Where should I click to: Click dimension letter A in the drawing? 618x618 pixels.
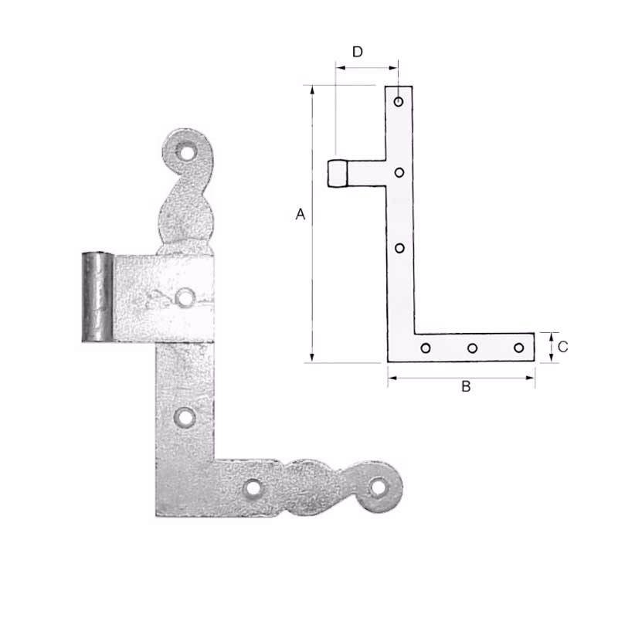click(301, 214)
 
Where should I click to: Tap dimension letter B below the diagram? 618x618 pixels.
click(466, 386)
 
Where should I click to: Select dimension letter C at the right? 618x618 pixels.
click(562, 347)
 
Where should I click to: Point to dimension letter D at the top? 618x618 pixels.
click(358, 52)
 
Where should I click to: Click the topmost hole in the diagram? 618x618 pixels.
click(399, 101)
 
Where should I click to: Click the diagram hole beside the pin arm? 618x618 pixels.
click(399, 172)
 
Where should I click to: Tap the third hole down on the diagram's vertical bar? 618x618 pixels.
click(399, 248)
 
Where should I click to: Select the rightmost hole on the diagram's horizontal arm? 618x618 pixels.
click(519, 348)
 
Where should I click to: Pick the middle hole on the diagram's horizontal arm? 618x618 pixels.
click(472, 348)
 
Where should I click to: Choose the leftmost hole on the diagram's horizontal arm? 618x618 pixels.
click(426, 348)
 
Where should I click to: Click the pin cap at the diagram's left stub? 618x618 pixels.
click(336, 173)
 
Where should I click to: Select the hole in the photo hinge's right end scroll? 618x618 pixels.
click(377, 487)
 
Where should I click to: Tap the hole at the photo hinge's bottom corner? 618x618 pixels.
click(252, 488)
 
